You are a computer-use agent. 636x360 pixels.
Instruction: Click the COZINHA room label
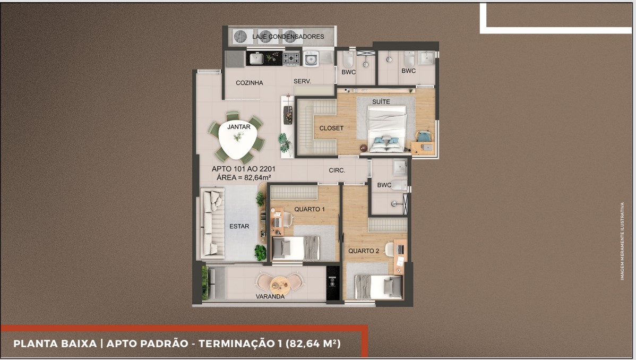249,83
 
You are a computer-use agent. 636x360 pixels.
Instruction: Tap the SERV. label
302,81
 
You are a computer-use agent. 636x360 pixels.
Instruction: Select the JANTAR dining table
238,141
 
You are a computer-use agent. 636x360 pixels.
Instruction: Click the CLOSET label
331,128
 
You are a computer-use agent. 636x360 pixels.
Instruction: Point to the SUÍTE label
381,101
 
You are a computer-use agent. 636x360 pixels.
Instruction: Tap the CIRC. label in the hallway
337,170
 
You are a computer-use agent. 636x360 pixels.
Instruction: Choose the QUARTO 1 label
310,209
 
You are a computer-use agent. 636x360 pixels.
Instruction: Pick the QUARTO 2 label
364,251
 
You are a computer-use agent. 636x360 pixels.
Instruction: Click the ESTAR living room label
239,226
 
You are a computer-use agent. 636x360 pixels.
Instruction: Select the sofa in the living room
212,223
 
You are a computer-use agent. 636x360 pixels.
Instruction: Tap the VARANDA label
270,296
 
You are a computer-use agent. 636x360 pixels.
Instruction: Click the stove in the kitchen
290,58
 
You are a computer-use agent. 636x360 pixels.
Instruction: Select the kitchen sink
256,58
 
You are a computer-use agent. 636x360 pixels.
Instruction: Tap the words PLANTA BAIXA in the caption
54,344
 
